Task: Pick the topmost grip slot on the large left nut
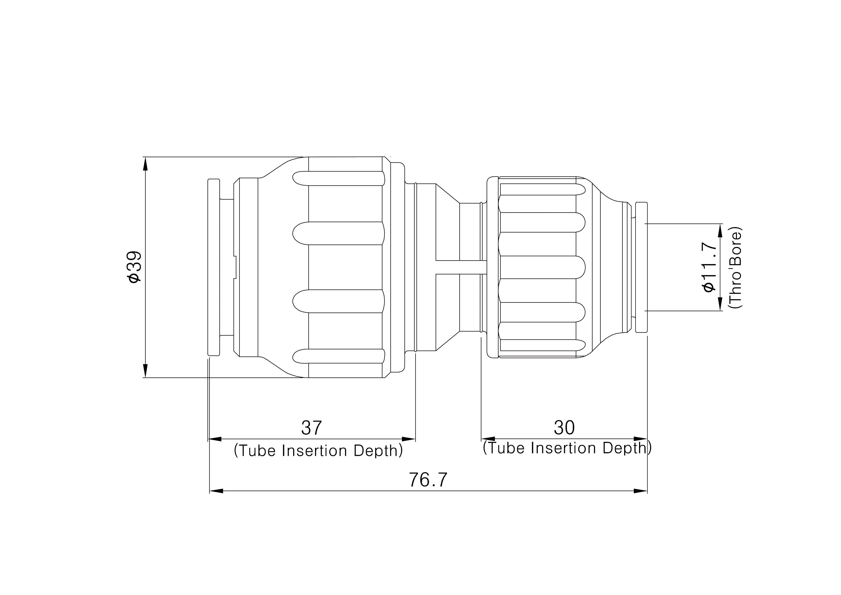click(x=338, y=178)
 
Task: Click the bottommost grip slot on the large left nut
click(x=338, y=356)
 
